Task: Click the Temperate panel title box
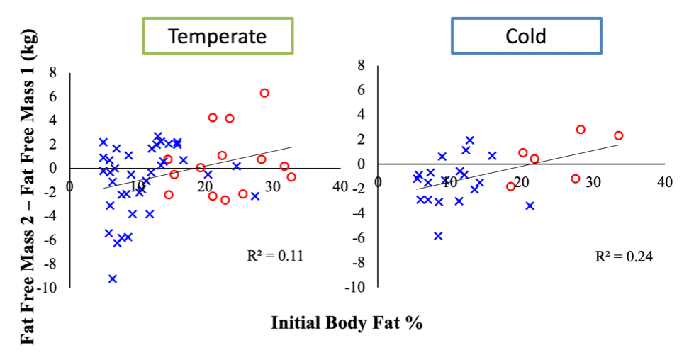click(x=218, y=36)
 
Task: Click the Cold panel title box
click(x=526, y=36)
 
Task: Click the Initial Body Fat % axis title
click(x=347, y=324)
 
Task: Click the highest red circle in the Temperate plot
click(x=264, y=93)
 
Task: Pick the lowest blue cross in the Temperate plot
click(x=113, y=279)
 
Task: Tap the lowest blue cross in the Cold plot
click(x=439, y=236)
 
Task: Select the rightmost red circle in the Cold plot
click(x=618, y=135)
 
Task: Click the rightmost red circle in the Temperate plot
click(x=291, y=176)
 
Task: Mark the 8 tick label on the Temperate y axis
click(x=52, y=72)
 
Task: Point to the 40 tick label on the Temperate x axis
click(x=341, y=186)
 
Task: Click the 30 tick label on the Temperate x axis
click(x=273, y=186)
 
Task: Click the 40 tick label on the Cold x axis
click(x=664, y=182)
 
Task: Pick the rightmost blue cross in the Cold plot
click(x=530, y=206)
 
